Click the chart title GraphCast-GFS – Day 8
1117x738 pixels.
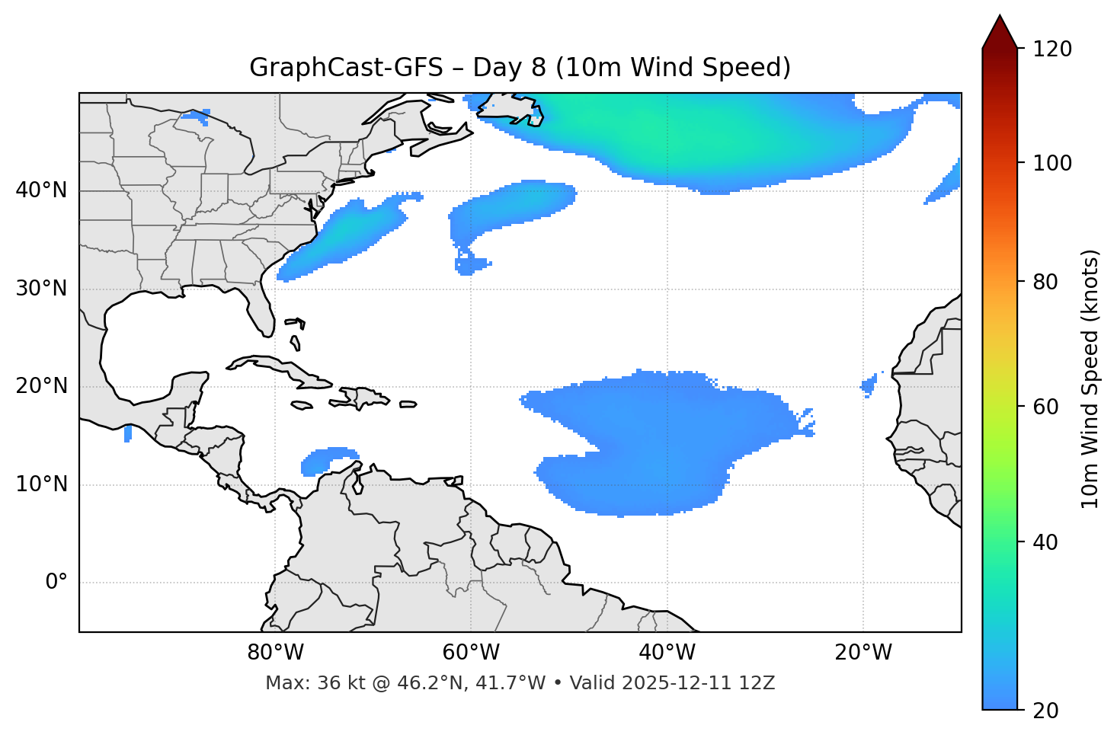tap(520, 68)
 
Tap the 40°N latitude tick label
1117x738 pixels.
tap(41, 190)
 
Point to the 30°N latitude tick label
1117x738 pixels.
tap(41, 289)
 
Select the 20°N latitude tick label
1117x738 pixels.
tap(41, 386)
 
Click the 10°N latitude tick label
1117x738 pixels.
tap(41, 484)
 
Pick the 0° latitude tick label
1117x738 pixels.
tap(56, 583)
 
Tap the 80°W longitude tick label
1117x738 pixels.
tap(275, 653)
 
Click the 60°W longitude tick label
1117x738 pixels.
tap(471, 653)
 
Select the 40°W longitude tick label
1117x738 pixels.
tap(667, 653)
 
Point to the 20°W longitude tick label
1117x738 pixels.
tap(863, 653)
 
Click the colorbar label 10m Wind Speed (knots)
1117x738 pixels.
tap(1090, 379)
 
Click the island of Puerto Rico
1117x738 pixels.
tap(408, 404)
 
